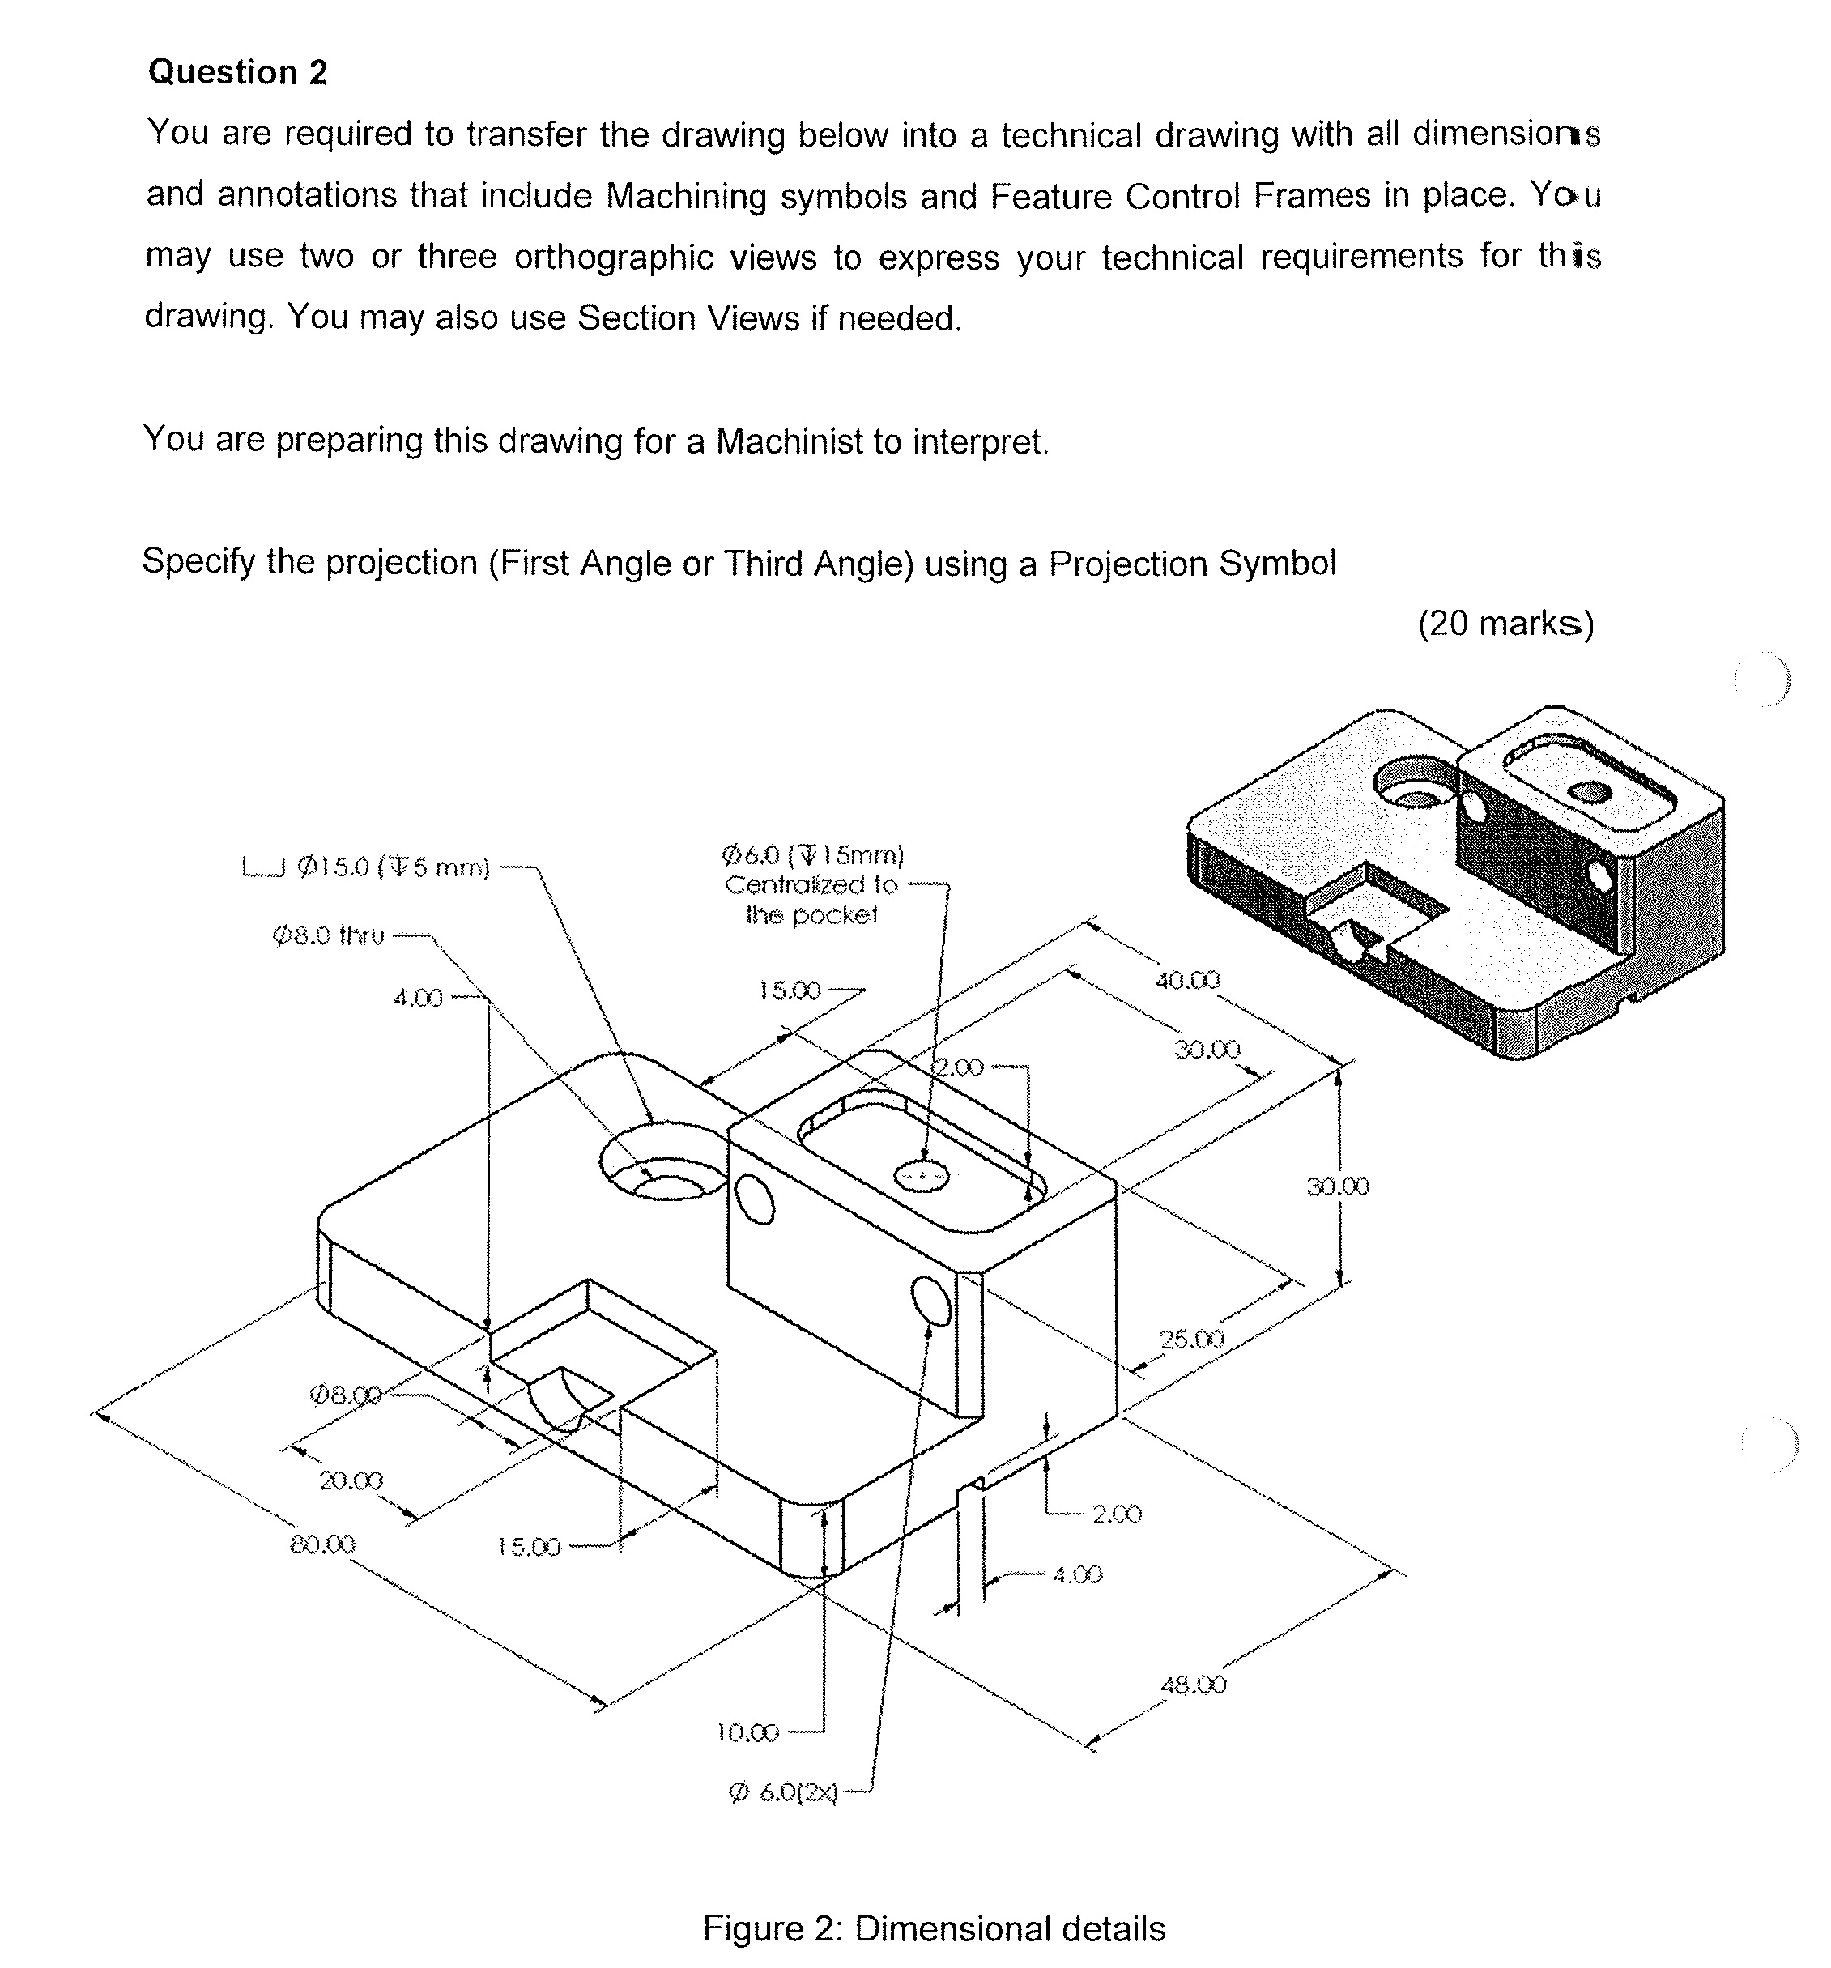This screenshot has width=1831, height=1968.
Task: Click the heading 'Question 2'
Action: (x=237, y=72)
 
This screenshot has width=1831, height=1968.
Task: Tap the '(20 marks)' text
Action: (x=1505, y=624)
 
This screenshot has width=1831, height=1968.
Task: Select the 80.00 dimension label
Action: (x=322, y=1544)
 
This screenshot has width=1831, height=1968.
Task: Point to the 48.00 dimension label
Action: (x=1193, y=1685)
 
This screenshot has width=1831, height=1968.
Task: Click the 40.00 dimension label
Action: (x=1188, y=980)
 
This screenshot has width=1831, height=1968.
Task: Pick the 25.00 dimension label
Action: (x=1191, y=1340)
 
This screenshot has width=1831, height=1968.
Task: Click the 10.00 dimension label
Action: (x=747, y=1732)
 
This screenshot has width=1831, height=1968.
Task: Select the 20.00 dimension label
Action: (x=351, y=1481)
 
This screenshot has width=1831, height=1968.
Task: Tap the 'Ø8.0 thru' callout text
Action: (x=329, y=935)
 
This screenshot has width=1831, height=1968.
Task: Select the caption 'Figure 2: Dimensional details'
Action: (x=933, y=1928)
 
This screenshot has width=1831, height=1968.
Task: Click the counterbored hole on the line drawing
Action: (x=661, y=1163)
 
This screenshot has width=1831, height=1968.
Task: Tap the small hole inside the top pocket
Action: (x=922, y=1176)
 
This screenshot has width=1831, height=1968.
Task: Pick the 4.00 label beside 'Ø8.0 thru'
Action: (x=418, y=998)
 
